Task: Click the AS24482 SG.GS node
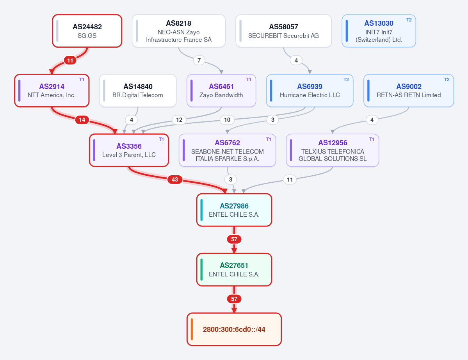pyautogui.click(x=87, y=31)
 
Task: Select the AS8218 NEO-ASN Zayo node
pyautogui.click(x=178, y=31)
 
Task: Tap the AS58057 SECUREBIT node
pyautogui.click(x=283, y=31)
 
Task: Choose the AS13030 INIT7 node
pyautogui.click(x=379, y=31)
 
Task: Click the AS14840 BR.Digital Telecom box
pyautogui.click(x=138, y=91)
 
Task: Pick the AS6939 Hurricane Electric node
pyautogui.click(x=310, y=91)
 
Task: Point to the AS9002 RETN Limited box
pyautogui.click(x=409, y=91)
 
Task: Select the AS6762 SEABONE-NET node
pyautogui.click(x=228, y=150)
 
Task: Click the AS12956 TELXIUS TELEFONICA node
pyautogui.click(x=333, y=150)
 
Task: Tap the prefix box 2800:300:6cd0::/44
pyautogui.click(x=234, y=329)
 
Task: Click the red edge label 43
pyautogui.click(x=175, y=179)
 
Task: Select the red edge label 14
pyautogui.click(x=82, y=120)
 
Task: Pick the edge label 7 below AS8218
pyautogui.click(x=199, y=60)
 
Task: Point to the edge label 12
pyautogui.click(x=179, y=120)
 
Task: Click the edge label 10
pyautogui.click(x=227, y=120)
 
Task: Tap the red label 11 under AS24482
pyautogui.click(x=70, y=60)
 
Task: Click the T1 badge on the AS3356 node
pyautogui.click(x=161, y=139)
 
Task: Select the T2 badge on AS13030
pyautogui.click(x=409, y=20)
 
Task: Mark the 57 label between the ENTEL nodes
pyautogui.click(x=234, y=239)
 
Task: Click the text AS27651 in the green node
pyautogui.click(x=234, y=266)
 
